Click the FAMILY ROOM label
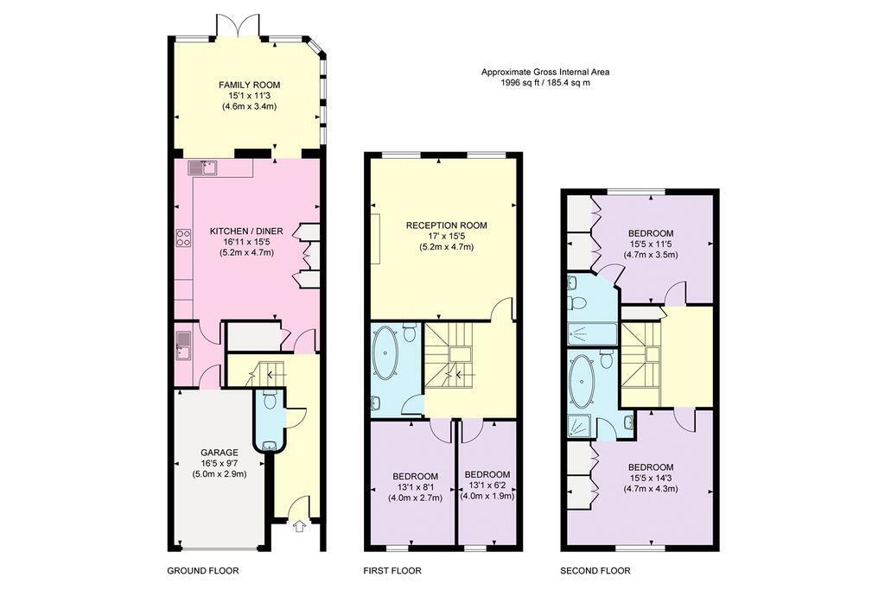click(x=249, y=86)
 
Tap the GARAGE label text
click(x=220, y=453)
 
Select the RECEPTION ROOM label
click(x=447, y=225)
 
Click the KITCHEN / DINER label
click(x=246, y=232)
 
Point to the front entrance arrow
click(x=299, y=526)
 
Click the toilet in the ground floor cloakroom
click(x=270, y=399)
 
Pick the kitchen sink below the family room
click(x=204, y=168)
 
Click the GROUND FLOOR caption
click(x=202, y=571)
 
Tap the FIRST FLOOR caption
click(x=392, y=571)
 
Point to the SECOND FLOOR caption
click(x=595, y=571)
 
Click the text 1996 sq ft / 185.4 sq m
click(x=545, y=82)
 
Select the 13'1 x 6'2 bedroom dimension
click(x=487, y=485)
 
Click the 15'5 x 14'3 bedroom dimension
click(x=651, y=479)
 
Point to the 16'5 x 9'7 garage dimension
click(x=220, y=463)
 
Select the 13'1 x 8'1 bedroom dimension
click(x=415, y=487)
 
